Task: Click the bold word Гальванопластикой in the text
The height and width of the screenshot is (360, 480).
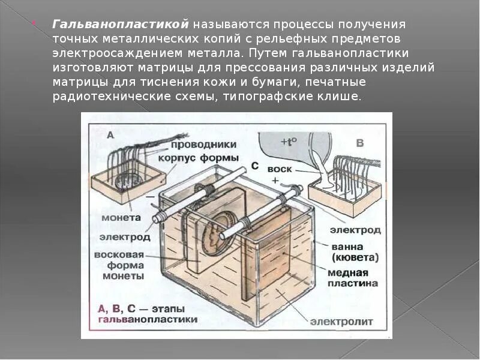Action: pyautogui.click(x=121, y=25)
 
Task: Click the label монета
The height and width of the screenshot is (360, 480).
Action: pyautogui.click(x=120, y=217)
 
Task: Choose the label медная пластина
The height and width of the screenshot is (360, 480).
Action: pyautogui.click(x=353, y=277)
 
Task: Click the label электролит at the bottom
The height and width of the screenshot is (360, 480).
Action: pyautogui.click(x=341, y=322)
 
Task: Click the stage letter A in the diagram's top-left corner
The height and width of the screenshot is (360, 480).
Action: pyautogui.click(x=110, y=136)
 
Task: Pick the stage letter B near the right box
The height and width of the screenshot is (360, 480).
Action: pyautogui.click(x=360, y=143)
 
